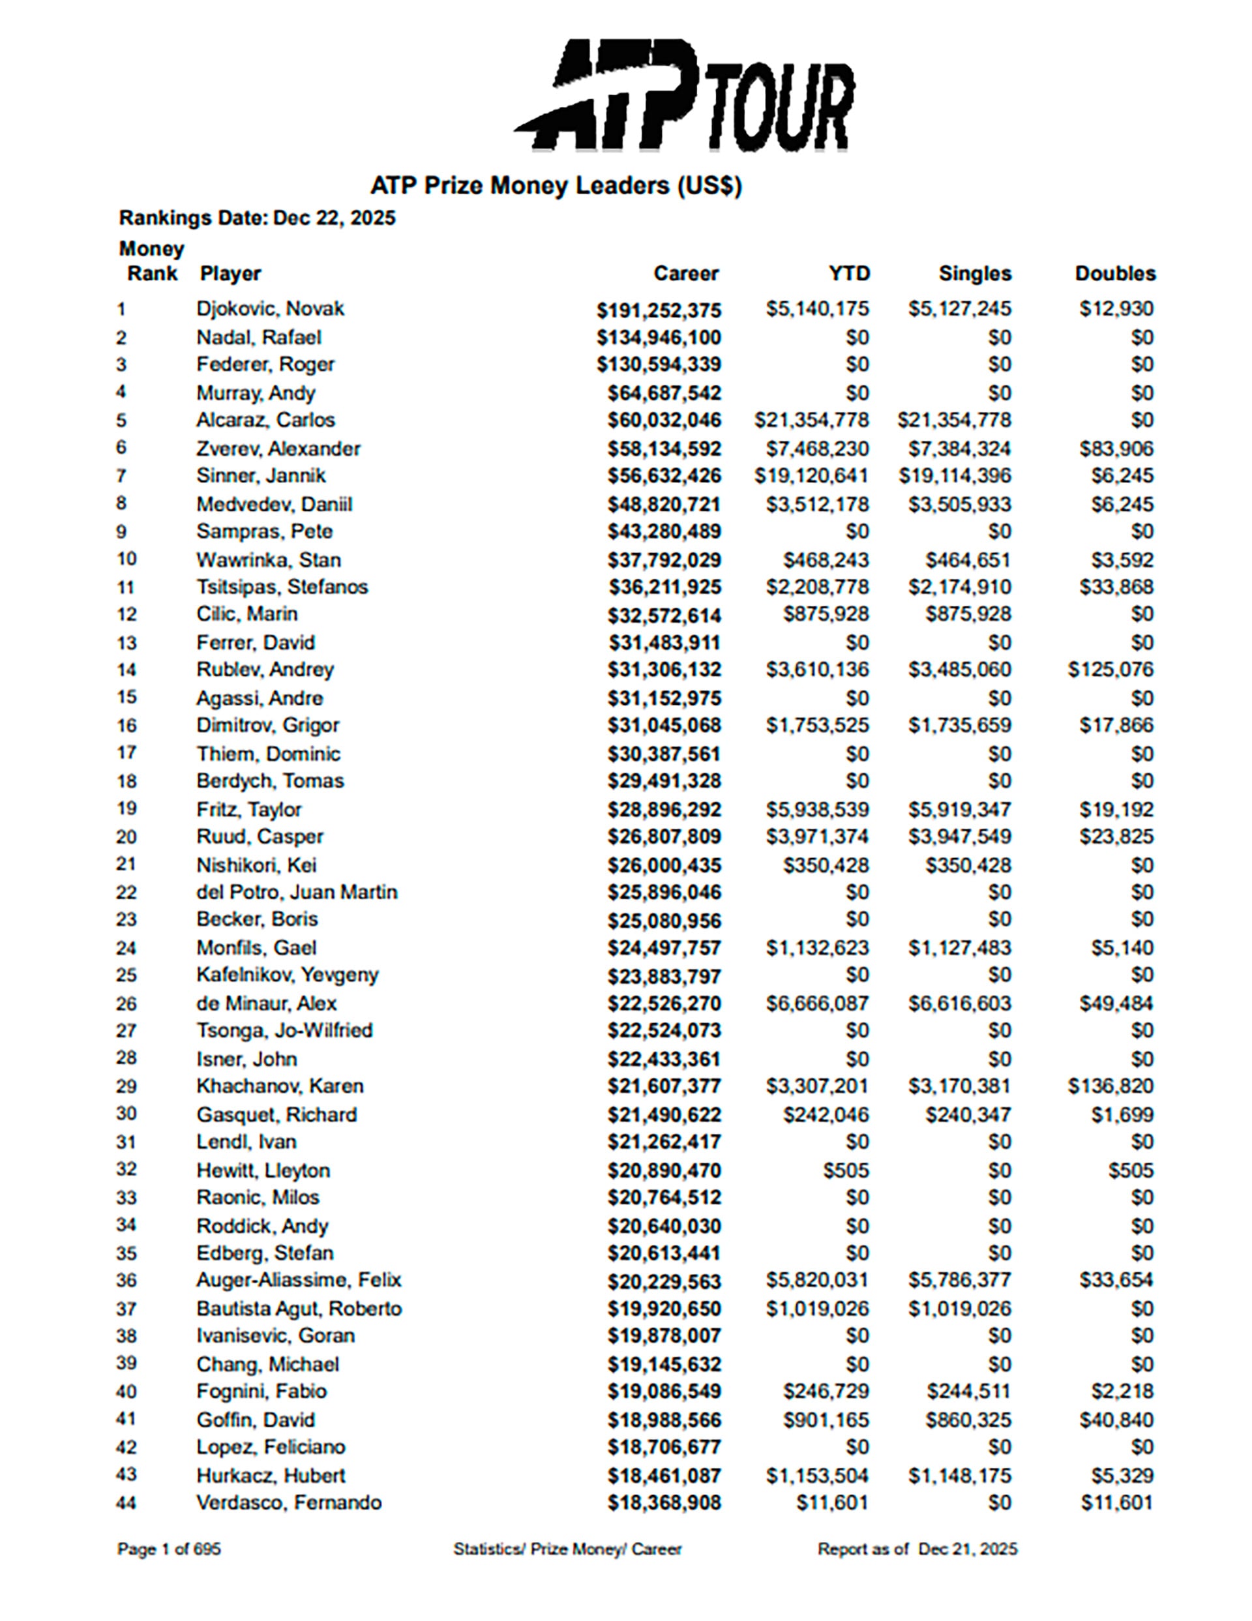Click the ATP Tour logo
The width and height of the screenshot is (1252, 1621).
click(x=683, y=97)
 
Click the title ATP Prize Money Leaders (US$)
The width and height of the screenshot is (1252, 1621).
click(x=556, y=186)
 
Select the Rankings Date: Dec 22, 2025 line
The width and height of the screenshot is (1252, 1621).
click(x=257, y=218)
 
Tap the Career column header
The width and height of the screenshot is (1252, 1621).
click(x=686, y=274)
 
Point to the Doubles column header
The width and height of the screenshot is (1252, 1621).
click(x=1114, y=274)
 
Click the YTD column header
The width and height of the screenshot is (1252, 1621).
click(x=849, y=274)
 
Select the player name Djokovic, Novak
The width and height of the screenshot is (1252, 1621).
click(x=270, y=309)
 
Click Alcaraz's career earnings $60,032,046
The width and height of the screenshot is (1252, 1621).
click(x=664, y=421)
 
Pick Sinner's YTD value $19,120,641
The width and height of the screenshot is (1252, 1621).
click(x=811, y=476)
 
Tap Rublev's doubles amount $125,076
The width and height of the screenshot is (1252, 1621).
click(x=1110, y=670)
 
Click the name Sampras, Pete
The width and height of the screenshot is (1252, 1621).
click(x=264, y=532)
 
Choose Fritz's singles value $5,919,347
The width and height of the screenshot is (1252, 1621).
click(x=960, y=810)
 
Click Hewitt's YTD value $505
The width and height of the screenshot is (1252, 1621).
click(x=845, y=1171)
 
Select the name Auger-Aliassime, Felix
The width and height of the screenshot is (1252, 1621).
click(x=299, y=1281)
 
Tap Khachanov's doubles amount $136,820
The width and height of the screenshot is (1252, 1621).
click(x=1110, y=1086)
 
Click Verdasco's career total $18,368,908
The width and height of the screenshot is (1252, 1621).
click(x=664, y=1503)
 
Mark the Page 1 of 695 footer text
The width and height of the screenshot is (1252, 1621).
click(x=168, y=1550)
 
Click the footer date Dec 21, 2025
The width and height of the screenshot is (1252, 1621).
click(x=968, y=1550)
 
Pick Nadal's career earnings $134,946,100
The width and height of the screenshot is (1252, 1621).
click(x=659, y=338)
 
